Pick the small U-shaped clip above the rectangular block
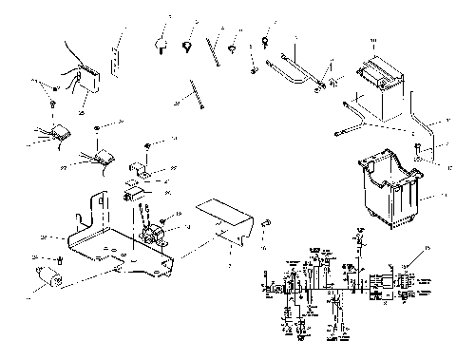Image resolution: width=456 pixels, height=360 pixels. pyautogui.click(x=141, y=171)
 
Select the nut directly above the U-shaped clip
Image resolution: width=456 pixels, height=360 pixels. pyautogui.click(x=149, y=144)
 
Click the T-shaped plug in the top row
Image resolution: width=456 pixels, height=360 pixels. pyautogui.click(x=161, y=42)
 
